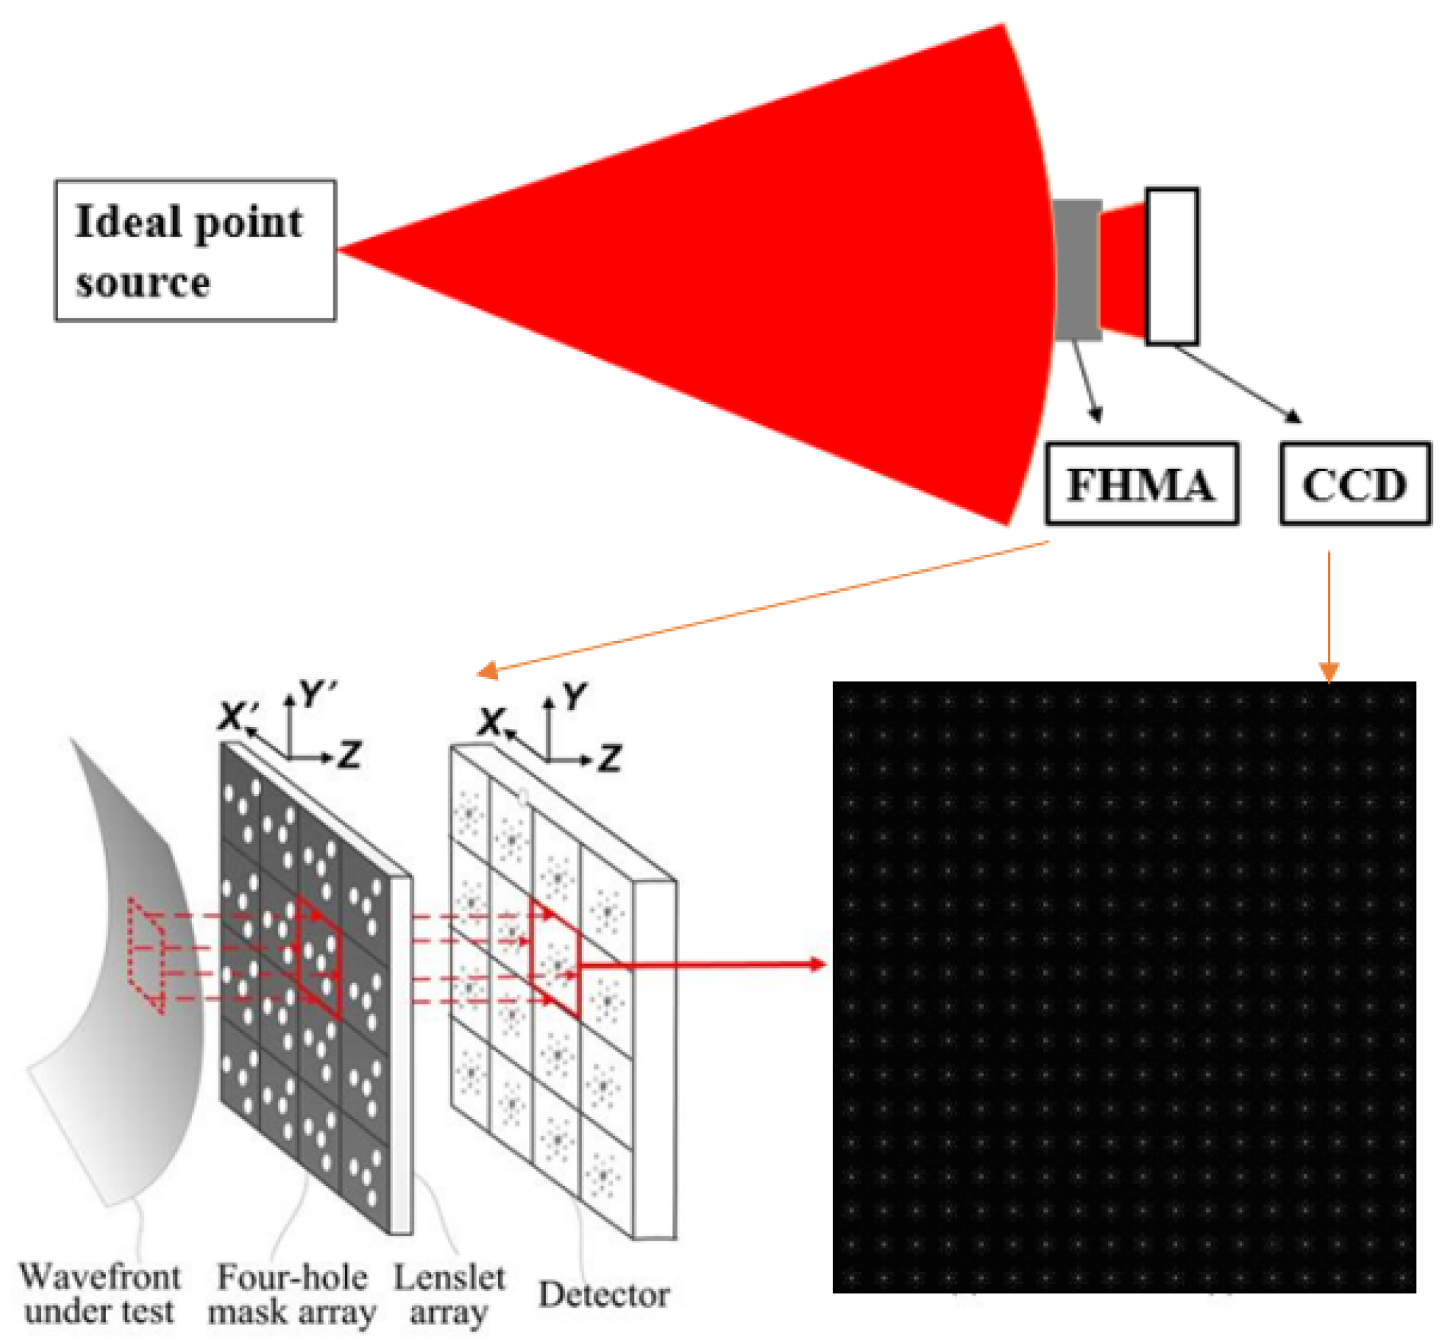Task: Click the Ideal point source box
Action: pyautogui.click(x=195, y=250)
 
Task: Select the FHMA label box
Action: pyautogui.click(x=1141, y=484)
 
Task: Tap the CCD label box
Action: pyautogui.click(x=1355, y=484)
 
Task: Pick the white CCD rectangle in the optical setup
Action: pyautogui.click(x=1172, y=266)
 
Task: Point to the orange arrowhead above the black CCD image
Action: pyautogui.click(x=1329, y=672)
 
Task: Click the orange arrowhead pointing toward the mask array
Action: pyautogui.click(x=487, y=670)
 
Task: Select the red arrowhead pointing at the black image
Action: pyautogui.click(x=818, y=964)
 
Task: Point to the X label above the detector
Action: pyautogui.click(x=493, y=721)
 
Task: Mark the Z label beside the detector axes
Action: pyautogui.click(x=610, y=758)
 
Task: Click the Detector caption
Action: pyautogui.click(x=604, y=1294)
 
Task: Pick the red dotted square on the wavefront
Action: pyautogui.click(x=146, y=956)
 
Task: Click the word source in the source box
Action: pyautogui.click(x=143, y=282)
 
